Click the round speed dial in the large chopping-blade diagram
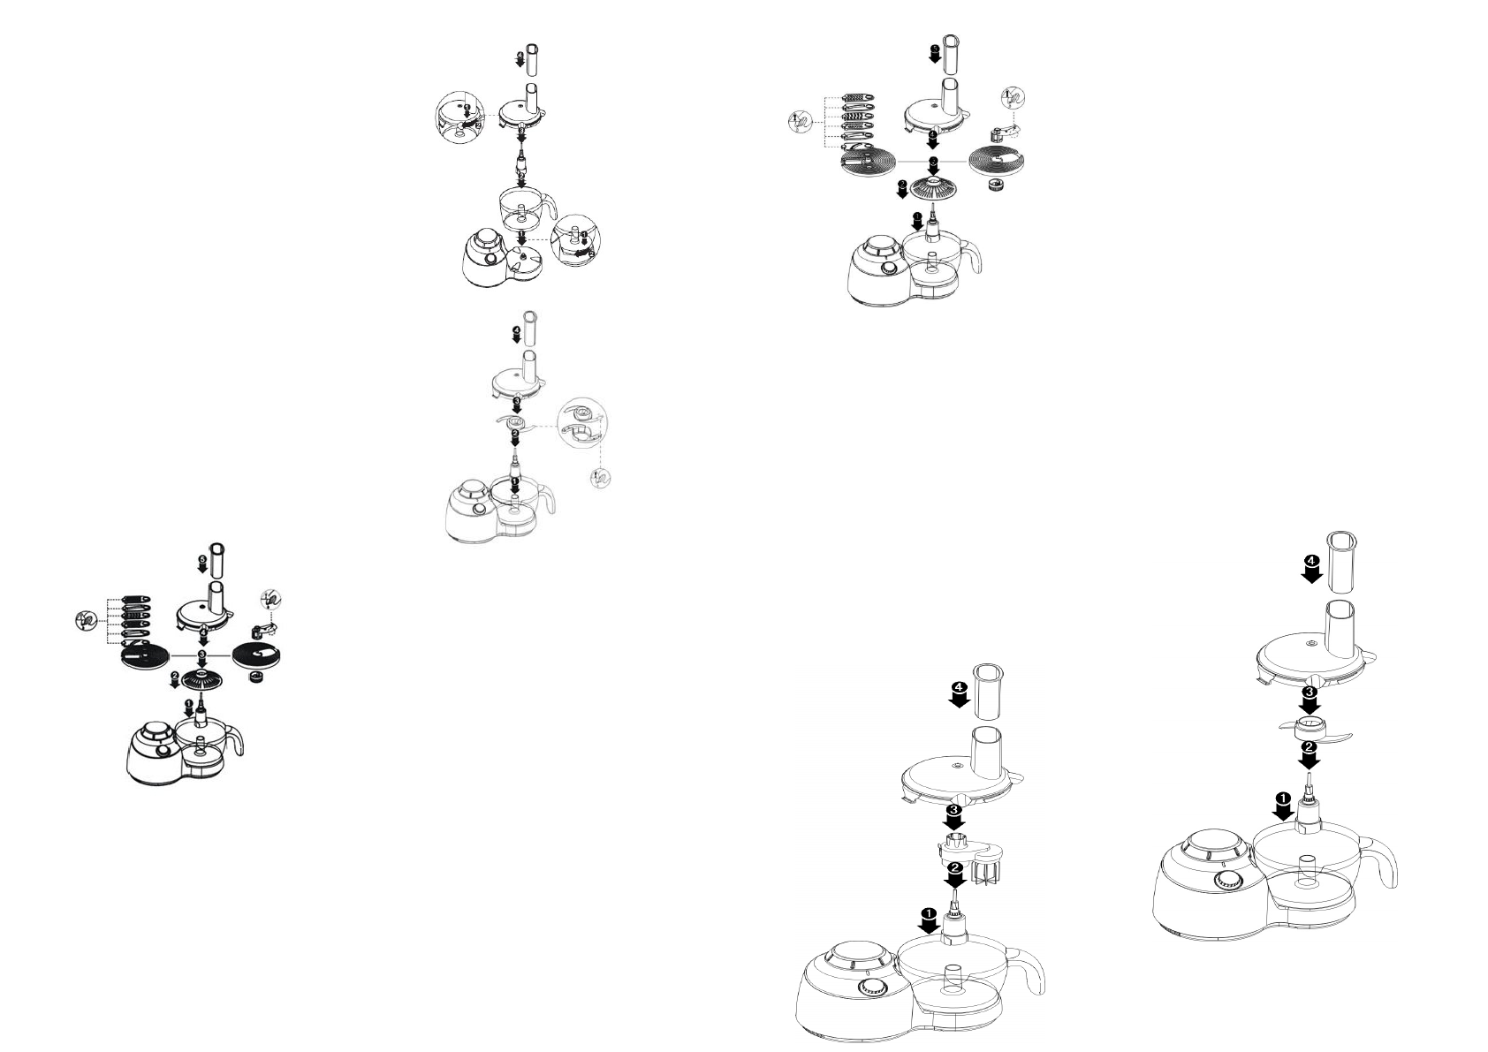tap(1225, 881)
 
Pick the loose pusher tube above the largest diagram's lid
tap(1342, 562)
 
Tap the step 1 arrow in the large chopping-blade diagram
tap(1282, 804)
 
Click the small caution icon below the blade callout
tap(600, 478)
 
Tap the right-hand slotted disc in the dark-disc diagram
tap(257, 655)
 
